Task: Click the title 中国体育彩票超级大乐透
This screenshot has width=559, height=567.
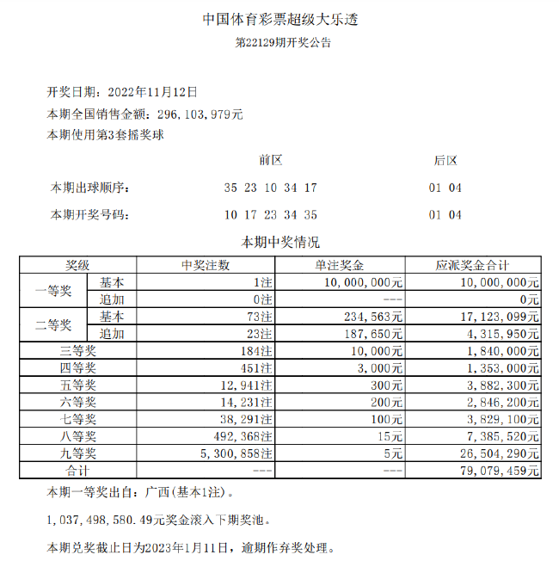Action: (279, 20)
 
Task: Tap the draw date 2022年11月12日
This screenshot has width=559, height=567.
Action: (150, 90)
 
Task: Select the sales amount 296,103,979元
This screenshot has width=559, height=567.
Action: (200, 113)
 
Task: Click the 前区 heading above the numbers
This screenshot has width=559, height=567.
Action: (270, 160)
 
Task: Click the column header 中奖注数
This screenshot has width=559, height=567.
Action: (205, 265)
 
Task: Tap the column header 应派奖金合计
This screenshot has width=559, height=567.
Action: (473, 265)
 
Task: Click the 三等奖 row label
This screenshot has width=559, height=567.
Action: (77, 350)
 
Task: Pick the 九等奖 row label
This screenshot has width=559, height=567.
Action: (77, 453)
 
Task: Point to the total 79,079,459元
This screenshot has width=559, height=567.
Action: (500, 471)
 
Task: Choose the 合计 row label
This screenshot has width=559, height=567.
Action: (77, 471)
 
